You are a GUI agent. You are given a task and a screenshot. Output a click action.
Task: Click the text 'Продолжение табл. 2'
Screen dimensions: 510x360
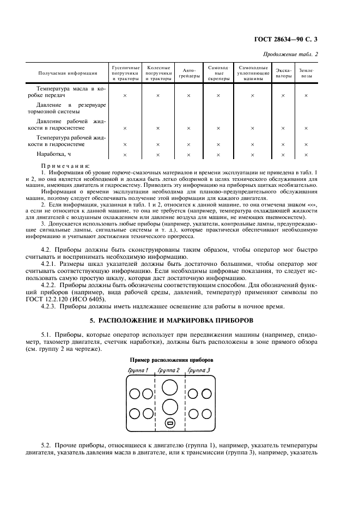coord(290,54)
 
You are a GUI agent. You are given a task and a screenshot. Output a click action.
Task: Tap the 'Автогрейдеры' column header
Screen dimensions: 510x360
coord(188,72)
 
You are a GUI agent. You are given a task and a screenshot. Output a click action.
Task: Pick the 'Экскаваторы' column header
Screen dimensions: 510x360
coord(283,72)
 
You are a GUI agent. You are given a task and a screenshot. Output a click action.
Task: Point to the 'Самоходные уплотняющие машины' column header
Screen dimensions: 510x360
coord(252,72)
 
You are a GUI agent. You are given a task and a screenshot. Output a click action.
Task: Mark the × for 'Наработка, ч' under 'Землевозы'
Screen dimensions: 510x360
coord(306,155)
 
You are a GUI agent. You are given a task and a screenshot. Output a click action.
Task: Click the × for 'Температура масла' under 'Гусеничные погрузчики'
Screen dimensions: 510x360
coord(125,95)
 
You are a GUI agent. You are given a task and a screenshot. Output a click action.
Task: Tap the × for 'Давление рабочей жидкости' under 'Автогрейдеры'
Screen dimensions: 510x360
coord(188,128)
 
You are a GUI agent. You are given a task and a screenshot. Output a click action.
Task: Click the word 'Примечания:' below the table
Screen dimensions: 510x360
coord(65,166)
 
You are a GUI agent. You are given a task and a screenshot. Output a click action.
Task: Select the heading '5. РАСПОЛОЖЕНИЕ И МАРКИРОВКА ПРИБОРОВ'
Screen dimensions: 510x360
coord(180,319)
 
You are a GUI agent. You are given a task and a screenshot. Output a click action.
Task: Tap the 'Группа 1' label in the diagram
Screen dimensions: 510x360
coord(138,371)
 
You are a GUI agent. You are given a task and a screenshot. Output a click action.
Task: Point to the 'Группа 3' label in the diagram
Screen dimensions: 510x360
coord(199,371)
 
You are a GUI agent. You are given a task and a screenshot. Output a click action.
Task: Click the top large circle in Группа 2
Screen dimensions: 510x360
coord(169,387)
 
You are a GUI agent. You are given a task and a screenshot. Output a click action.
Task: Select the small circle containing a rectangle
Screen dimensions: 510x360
coord(169,423)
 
